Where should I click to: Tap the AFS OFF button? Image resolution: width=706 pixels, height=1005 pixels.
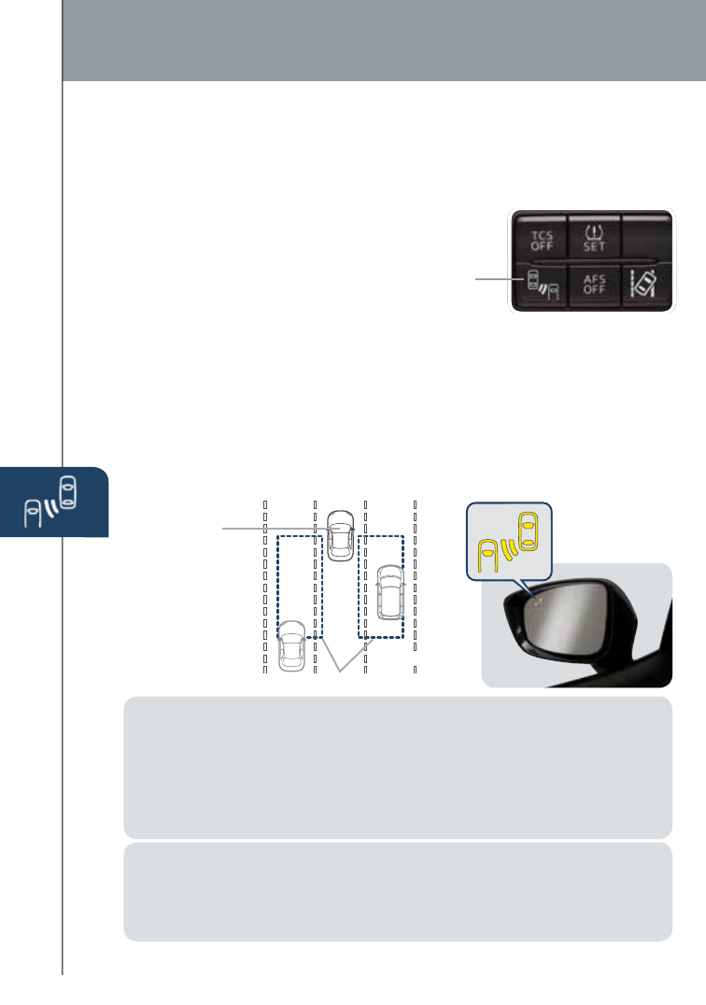pyautogui.click(x=593, y=283)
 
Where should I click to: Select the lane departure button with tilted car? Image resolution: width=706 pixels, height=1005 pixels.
pyautogui.click(x=645, y=282)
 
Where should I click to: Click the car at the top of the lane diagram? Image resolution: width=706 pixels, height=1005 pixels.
pyautogui.click(x=341, y=535)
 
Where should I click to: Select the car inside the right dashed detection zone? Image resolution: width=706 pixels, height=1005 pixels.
pyautogui.click(x=388, y=592)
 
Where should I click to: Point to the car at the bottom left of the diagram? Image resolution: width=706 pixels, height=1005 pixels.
pyautogui.click(x=292, y=646)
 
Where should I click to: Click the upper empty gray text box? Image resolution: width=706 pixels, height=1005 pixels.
pyautogui.click(x=398, y=767)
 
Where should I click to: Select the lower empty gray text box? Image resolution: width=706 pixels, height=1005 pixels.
pyautogui.click(x=398, y=892)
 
